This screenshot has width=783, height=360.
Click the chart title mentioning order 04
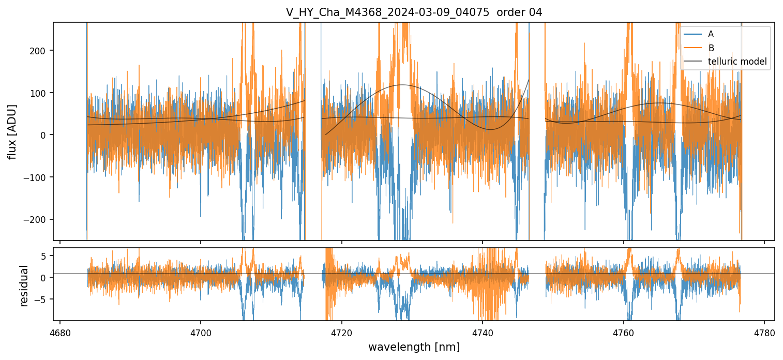(x=414, y=12)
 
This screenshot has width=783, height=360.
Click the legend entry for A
(x=711, y=34)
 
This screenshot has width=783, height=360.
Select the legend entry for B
(x=711, y=48)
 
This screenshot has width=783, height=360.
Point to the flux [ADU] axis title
(x=11, y=131)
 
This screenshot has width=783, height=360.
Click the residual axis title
(x=24, y=285)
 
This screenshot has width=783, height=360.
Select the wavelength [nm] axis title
(x=414, y=347)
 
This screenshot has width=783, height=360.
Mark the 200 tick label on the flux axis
(x=41, y=51)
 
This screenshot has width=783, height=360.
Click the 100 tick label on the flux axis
(x=41, y=93)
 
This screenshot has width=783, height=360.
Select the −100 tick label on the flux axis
(x=39, y=177)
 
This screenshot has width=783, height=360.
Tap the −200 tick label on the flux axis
(x=39, y=219)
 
